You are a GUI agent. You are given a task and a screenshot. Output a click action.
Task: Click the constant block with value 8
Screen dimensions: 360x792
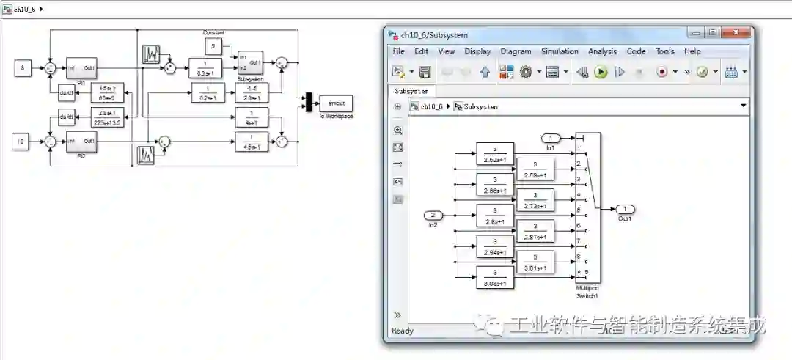point(22,68)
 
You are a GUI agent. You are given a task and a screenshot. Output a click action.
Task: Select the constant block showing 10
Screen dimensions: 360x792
point(22,141)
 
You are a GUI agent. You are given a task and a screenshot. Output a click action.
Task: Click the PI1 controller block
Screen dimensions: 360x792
point(81,67)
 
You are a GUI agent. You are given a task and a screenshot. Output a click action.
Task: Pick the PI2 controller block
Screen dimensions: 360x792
point(81,141)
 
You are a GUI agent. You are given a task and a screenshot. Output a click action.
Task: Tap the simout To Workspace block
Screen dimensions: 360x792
point(336,103)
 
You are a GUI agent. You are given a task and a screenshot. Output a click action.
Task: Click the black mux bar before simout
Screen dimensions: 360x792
point(309,103)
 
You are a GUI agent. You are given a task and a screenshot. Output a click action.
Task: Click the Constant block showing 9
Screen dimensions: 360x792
point(213,47)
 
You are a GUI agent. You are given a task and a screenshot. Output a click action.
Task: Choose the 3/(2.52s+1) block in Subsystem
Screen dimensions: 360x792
point(495,153)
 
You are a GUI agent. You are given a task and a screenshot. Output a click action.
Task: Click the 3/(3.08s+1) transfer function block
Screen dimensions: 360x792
point(495,277)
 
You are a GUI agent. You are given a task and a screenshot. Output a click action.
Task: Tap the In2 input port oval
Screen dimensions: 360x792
point(433,215)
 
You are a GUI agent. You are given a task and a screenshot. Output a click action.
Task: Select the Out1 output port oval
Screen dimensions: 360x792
point(625,209)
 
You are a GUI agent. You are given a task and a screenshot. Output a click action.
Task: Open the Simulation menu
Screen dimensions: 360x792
point(560,51)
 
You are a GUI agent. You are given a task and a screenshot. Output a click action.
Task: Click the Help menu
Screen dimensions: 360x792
point(692,51)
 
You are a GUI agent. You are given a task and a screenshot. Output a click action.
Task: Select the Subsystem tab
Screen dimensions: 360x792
point(411,91)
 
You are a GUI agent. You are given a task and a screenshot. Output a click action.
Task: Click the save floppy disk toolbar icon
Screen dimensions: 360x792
point(425,72)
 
